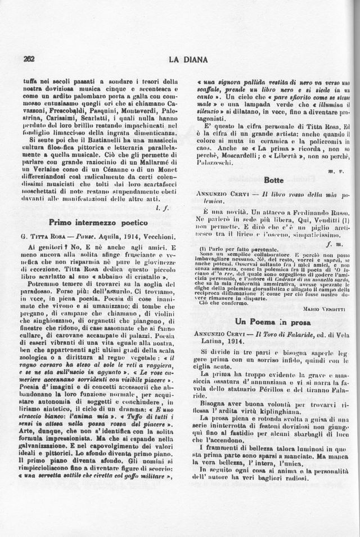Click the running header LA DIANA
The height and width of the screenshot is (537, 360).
click(188, 59)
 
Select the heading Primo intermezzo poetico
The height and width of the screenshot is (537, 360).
click(98, 222)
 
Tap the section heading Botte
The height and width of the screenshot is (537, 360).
click(273, 180)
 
